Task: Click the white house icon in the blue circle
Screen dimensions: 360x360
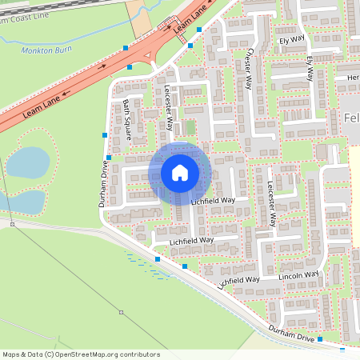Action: pos(180,172)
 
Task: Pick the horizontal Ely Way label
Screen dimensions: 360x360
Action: pos(292,38)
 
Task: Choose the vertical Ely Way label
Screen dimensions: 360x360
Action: pos(310,69)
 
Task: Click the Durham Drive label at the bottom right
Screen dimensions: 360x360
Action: pos(291,328)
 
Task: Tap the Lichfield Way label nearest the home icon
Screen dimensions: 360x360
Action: pos(213,201)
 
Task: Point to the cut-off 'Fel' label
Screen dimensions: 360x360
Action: pos(351,118)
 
